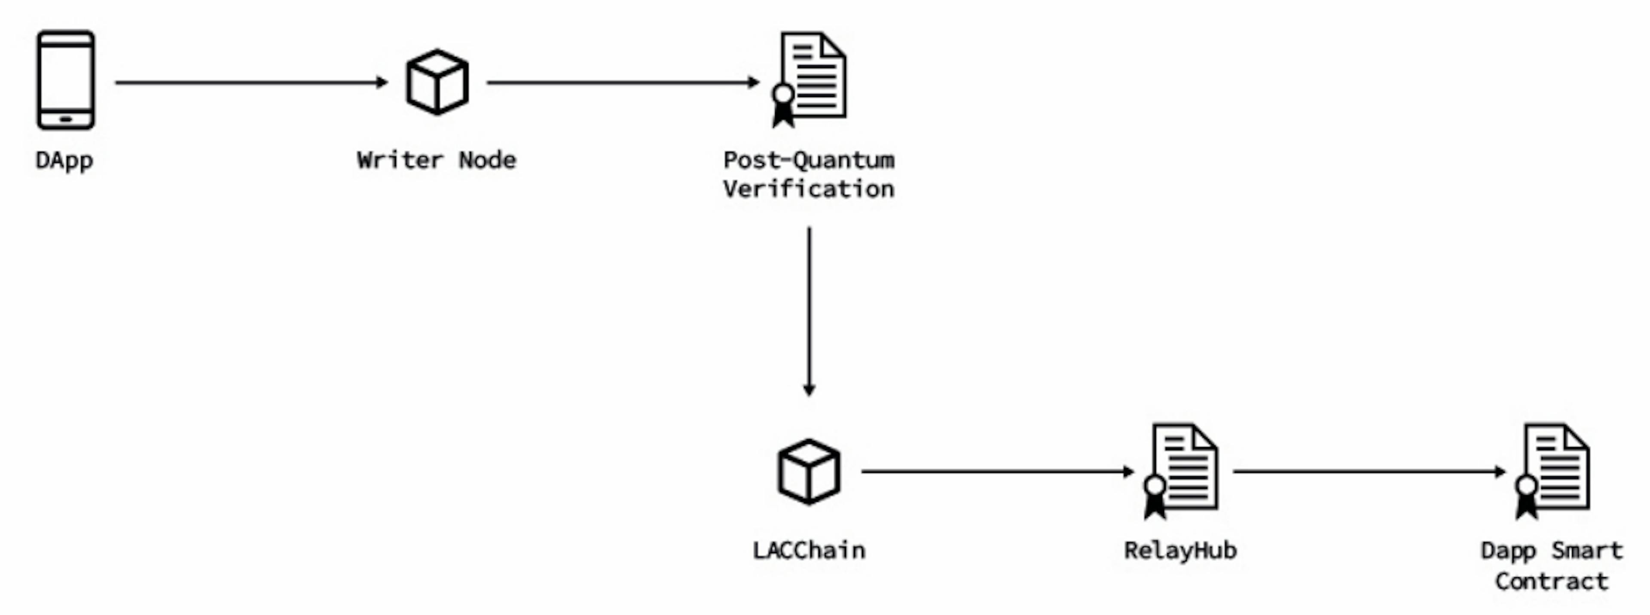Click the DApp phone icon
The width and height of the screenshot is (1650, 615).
click(x=65, y=80)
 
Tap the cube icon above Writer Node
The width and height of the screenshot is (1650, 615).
click(x=437, y=82)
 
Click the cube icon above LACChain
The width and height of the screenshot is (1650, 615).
click(x=809, y=472)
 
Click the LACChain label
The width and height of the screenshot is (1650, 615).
click(x=809, y=550)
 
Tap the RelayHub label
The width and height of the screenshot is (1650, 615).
click(x=1180, y=550)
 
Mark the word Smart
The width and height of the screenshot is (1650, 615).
click(x=1587, y=550)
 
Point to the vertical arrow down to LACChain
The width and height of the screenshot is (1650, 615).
click(x=809, y=311)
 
